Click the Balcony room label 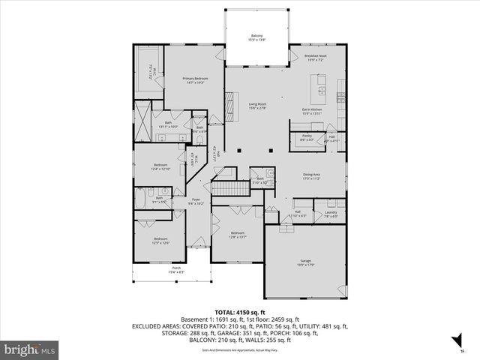tap(256, 37)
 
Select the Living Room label tap(258, 105)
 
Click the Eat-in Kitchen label tap(312, 112)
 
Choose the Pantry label tap(307, 138)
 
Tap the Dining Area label tap(311, 176)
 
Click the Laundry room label tap(330, 214)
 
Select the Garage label tap(304, 263)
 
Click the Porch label tap(176, 270)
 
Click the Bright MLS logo tap(30, 349)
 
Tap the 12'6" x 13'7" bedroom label tap(238, 235)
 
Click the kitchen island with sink tap(322, 91)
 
